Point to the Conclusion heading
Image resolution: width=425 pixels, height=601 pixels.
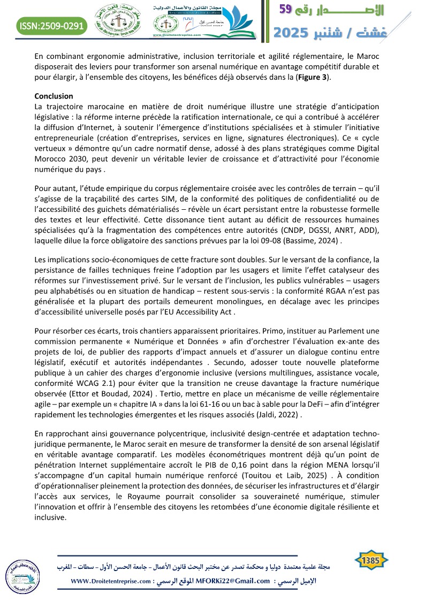click(54, 96)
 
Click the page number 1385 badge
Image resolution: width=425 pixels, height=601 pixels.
click(371, 560)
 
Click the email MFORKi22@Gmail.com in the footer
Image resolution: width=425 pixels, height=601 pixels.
click(233, 580)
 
